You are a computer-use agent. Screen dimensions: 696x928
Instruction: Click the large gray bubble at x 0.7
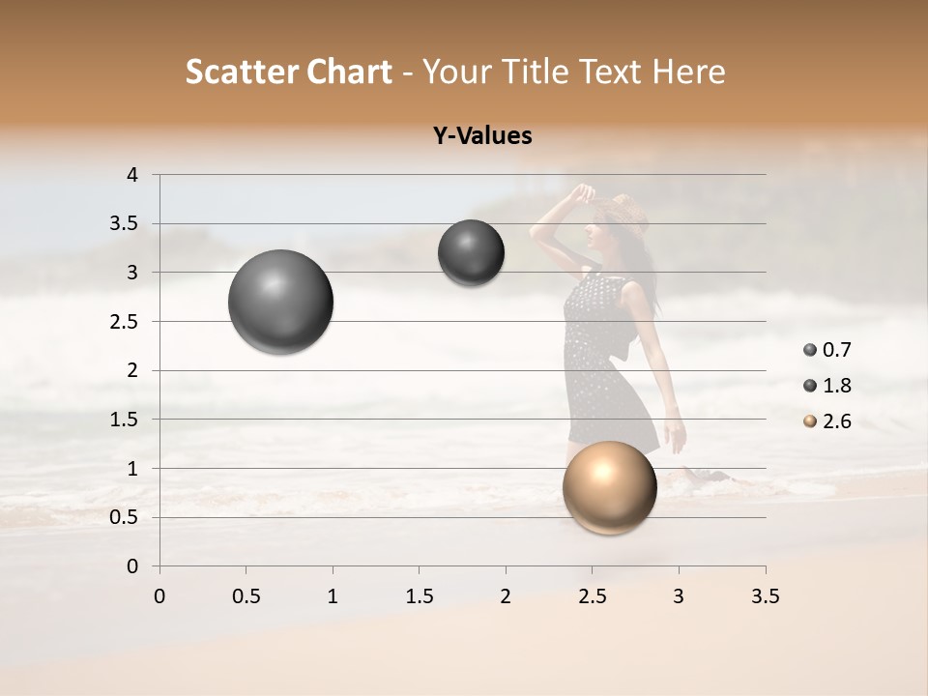pos(280,302)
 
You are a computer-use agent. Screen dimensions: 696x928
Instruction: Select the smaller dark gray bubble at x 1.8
pos(471,252)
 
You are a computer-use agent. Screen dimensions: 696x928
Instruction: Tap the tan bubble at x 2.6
pos(609,487)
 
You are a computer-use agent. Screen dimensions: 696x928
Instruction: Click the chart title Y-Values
pos(482,136)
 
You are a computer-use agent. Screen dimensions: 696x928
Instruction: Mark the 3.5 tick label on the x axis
pos(765,596)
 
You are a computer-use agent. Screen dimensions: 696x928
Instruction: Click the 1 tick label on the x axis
pos(333,596)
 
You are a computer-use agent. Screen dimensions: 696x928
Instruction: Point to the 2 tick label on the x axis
pos(506,596)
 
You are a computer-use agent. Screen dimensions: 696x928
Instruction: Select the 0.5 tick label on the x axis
pos(246,596)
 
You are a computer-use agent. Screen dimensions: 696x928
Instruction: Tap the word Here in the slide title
pos(688,72)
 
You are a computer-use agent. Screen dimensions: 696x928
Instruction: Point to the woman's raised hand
pos(583,191)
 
